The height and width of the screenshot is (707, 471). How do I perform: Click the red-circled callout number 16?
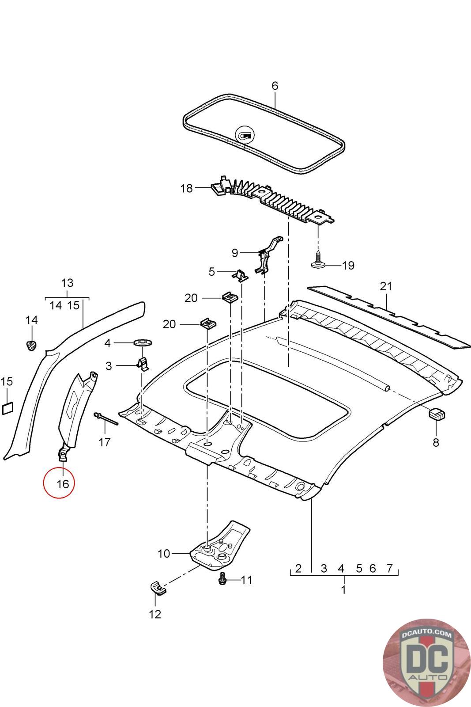[x=63, y=483]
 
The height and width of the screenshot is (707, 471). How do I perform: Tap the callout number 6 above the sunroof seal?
[x=275, y=86]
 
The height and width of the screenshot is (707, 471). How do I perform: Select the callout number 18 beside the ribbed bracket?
[x=187, y=188]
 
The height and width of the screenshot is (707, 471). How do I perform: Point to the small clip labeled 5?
[x=240, y=275]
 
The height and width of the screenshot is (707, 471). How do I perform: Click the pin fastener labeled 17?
[x=106, y=418]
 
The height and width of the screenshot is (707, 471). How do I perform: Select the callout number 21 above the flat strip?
[x=386, y=286]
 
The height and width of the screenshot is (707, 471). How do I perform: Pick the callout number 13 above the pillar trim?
[x=67, y=283]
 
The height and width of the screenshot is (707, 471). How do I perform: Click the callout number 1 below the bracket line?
[x=343, y=589]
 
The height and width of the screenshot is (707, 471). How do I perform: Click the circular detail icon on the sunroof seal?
[x=244, y=134]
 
